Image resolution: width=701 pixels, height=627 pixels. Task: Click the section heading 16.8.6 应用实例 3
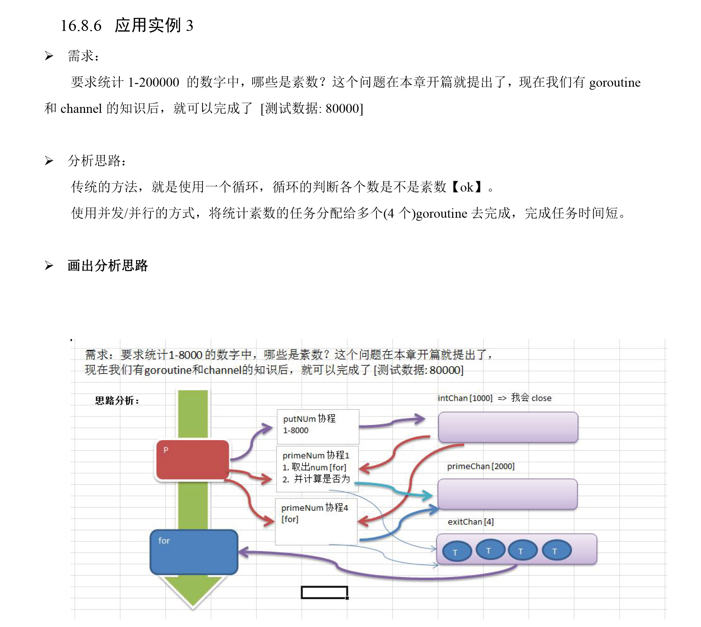tap(127, 26)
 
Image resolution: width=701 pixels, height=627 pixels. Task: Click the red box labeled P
tap(192, 459)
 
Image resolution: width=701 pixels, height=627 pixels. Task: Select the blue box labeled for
tap(194, 552)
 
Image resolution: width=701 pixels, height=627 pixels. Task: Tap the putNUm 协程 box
tap(317, 426)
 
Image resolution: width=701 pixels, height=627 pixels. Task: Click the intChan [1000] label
tap(465, 398)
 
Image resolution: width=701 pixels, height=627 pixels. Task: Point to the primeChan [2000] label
tap(480, 466)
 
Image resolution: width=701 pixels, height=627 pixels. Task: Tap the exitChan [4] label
tap(470, 522)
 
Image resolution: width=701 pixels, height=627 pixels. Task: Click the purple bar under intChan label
tap(508, 427)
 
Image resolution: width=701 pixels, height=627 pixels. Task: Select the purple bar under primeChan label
tap(507, 494)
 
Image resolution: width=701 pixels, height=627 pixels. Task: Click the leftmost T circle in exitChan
tap(456, 552)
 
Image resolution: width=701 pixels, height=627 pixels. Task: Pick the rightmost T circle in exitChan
tap(556, 550)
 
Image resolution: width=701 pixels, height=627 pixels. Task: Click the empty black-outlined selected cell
tap(324, 592)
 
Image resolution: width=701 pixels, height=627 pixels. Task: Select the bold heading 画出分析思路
tap(107, 265)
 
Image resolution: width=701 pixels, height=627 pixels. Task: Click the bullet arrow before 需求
tap(49, 56)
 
